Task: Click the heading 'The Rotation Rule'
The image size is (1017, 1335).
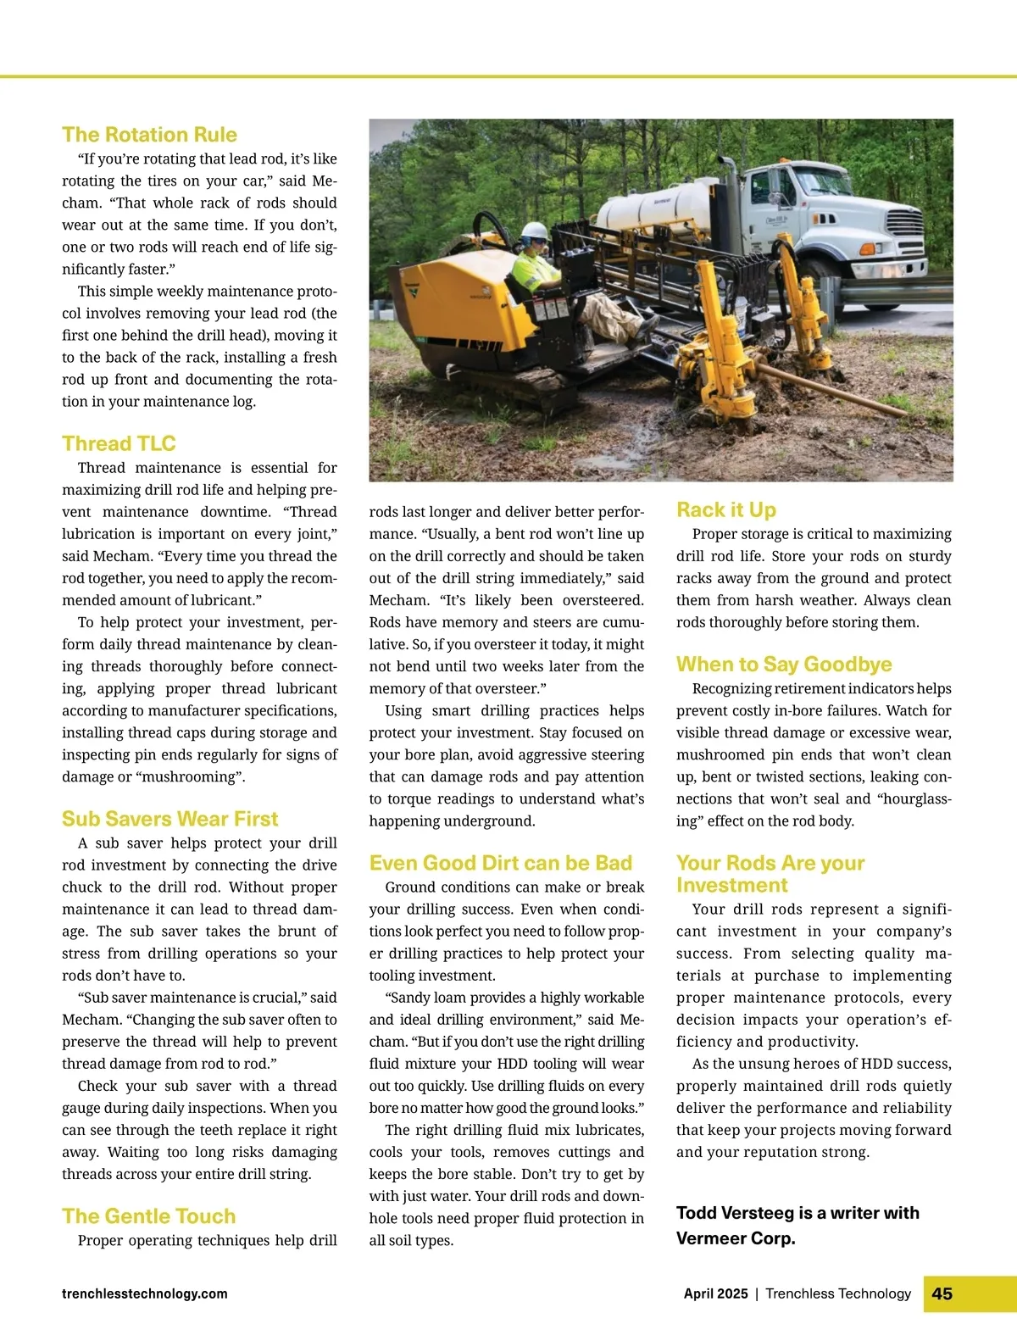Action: pos(149,135)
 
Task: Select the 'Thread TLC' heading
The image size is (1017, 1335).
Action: pos(119,443)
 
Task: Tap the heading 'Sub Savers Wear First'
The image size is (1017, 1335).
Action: pos(169,819)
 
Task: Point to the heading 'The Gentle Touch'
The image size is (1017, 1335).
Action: pos(148,1216)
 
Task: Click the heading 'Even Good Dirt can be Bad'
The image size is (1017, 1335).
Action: pos(500,863)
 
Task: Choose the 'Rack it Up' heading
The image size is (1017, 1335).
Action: pos(725,509)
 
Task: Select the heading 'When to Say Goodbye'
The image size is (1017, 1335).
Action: pos(784,664)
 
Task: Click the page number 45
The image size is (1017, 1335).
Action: pos(942,1293)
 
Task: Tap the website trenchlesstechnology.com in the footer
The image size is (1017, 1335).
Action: pos(144,1293)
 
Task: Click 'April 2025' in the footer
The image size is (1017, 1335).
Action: pos(715,1293)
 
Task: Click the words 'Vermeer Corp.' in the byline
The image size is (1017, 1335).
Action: pos(736,1238)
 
